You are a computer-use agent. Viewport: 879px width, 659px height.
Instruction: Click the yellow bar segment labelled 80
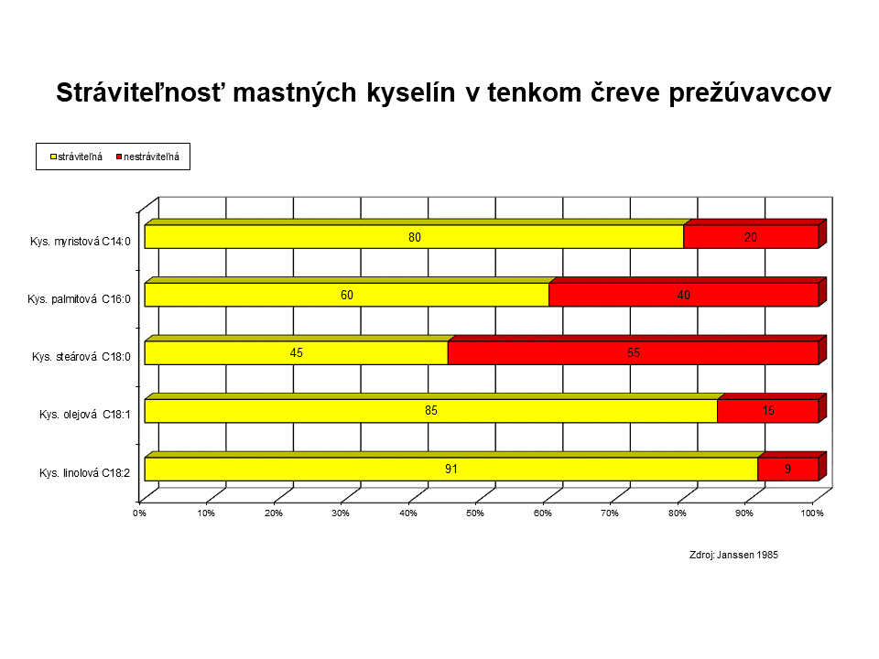pyautogui.click(x=414, y=236)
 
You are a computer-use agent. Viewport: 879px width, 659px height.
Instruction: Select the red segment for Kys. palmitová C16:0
pyautogui.click(x=683, y=295)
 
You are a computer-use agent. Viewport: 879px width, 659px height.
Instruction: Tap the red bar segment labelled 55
pyautogui.click(x=634, y=352)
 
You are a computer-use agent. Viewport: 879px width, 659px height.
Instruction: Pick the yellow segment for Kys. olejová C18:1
pyautogui.click(x=431, y=411)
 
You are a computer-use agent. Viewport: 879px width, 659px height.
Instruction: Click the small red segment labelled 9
pyautogui.click(x=788, y=469)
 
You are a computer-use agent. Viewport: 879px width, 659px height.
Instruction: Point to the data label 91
pyautogui.click(x=451, y=469)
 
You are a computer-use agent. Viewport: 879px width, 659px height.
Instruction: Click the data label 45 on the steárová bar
pyautogui.click(x=297, y=353)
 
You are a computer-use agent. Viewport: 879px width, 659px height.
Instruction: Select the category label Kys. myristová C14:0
pyautogui.click(x=81, y=242)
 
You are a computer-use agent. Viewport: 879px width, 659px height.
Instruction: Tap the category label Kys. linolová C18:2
pyautogui.click(x=84, y=473)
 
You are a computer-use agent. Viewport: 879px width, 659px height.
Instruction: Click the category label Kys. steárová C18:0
pyautogui.click(x=81, y=357)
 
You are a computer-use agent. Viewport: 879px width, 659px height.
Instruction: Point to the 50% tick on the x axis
pyautogui.click(x=475, y=513)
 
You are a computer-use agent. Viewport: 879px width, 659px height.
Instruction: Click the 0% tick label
pyautogui.click(x=139, y=513)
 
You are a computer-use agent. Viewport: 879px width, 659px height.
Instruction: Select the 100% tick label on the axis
pyautogui.click(x=812, y=513)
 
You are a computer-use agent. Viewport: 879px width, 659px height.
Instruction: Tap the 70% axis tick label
pyautogui.click(x=610, y=513)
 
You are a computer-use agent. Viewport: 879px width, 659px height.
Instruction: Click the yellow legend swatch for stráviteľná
pyautogui.click(x=53, y=157)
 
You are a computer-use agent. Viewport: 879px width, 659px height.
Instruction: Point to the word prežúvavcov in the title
pyautogui.click(x=750, y=93)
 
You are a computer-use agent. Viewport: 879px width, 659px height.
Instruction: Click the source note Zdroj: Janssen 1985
pyautogui.click(x=733, y=555)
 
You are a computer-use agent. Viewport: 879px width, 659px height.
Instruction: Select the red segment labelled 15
pyautogui.click(x=768, y=411)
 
